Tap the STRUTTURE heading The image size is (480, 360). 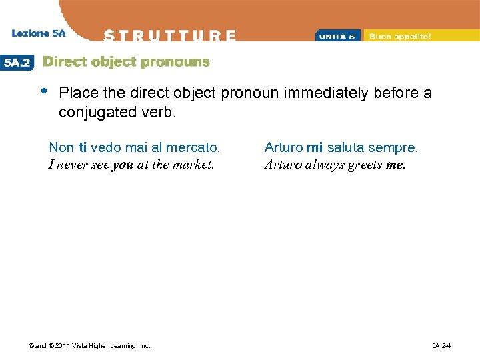[170, 35]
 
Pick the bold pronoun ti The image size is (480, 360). [83, 147]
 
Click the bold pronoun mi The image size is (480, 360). [315, 147]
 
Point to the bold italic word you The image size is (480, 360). [123, 164]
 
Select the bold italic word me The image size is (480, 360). [395, 164]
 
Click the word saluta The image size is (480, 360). [345, 147]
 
